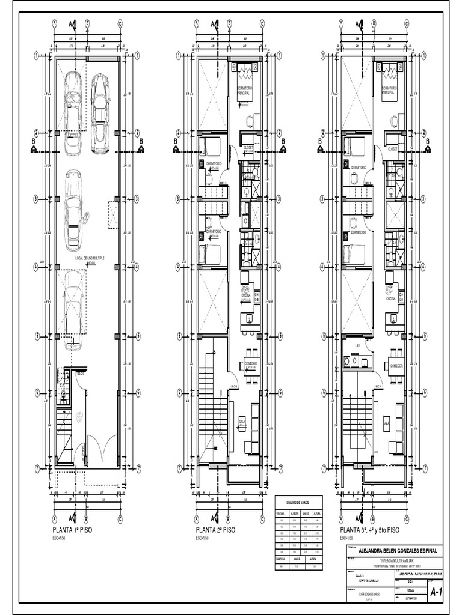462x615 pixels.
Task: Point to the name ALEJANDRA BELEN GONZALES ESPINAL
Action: [398, 550]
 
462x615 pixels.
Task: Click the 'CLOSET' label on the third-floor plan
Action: [393, 149]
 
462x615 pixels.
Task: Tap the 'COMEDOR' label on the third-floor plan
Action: [396, 366]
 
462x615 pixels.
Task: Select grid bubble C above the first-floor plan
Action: [120, 24]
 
